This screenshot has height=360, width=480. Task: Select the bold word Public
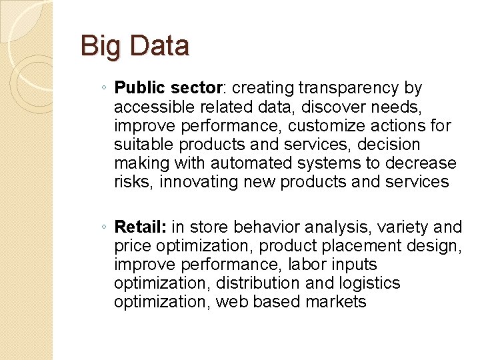[x=140, y=88]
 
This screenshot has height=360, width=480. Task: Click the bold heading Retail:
[x=141, y=227]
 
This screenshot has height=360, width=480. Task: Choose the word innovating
[x=203, y=182]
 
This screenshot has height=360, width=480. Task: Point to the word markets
[x=336, y=302]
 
